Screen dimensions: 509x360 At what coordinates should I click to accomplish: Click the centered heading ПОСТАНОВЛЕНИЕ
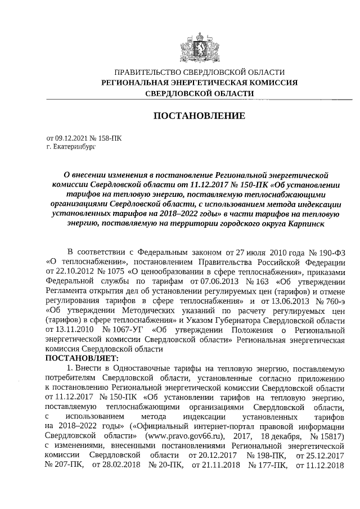[x=200, y=116]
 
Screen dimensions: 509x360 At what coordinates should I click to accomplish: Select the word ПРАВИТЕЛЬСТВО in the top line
[x=147, y=73]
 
